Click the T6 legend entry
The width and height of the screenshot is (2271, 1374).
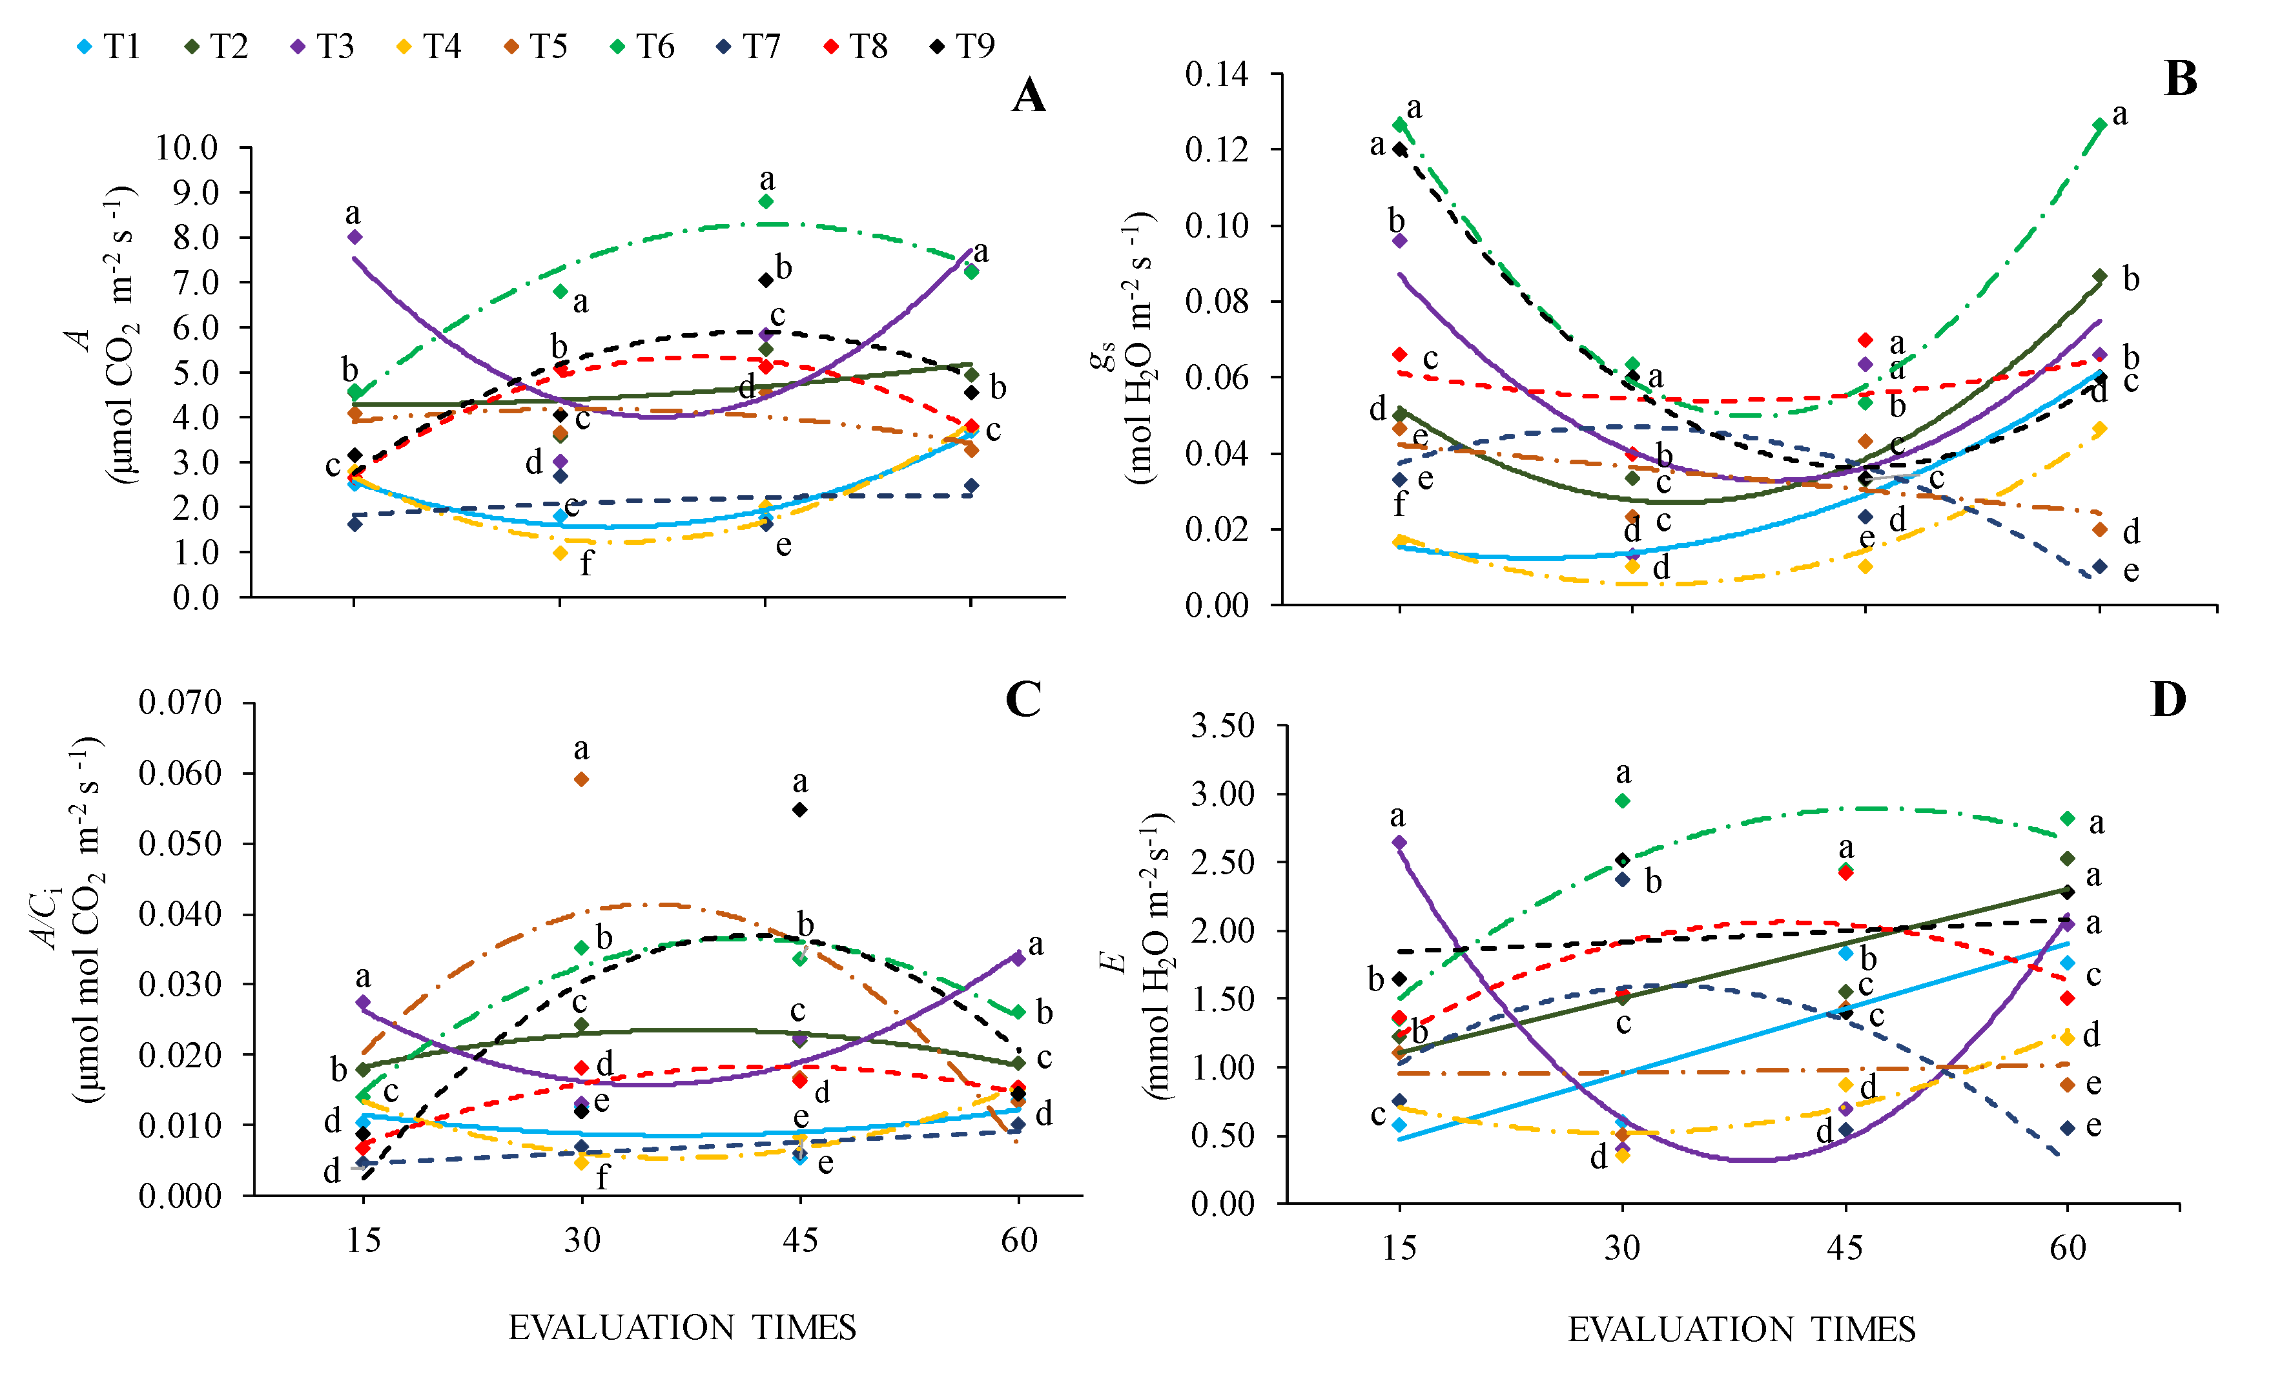(644, 46)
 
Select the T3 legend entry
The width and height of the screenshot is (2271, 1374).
(324, 46)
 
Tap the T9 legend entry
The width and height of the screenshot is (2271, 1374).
(963, 46)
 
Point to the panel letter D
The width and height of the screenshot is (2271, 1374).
(2168, 701)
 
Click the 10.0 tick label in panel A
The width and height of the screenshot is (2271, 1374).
(187, 147)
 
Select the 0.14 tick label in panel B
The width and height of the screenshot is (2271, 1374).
(1217, 74)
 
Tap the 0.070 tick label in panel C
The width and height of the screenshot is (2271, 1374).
(181, 702)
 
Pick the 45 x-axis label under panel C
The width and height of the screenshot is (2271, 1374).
(800, 1241)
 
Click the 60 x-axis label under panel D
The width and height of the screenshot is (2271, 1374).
(2068, 1249)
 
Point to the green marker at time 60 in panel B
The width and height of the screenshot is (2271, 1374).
(2100, 125)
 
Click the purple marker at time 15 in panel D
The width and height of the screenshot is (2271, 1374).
(1399, 842)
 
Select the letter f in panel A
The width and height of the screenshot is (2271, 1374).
(586, 563)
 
